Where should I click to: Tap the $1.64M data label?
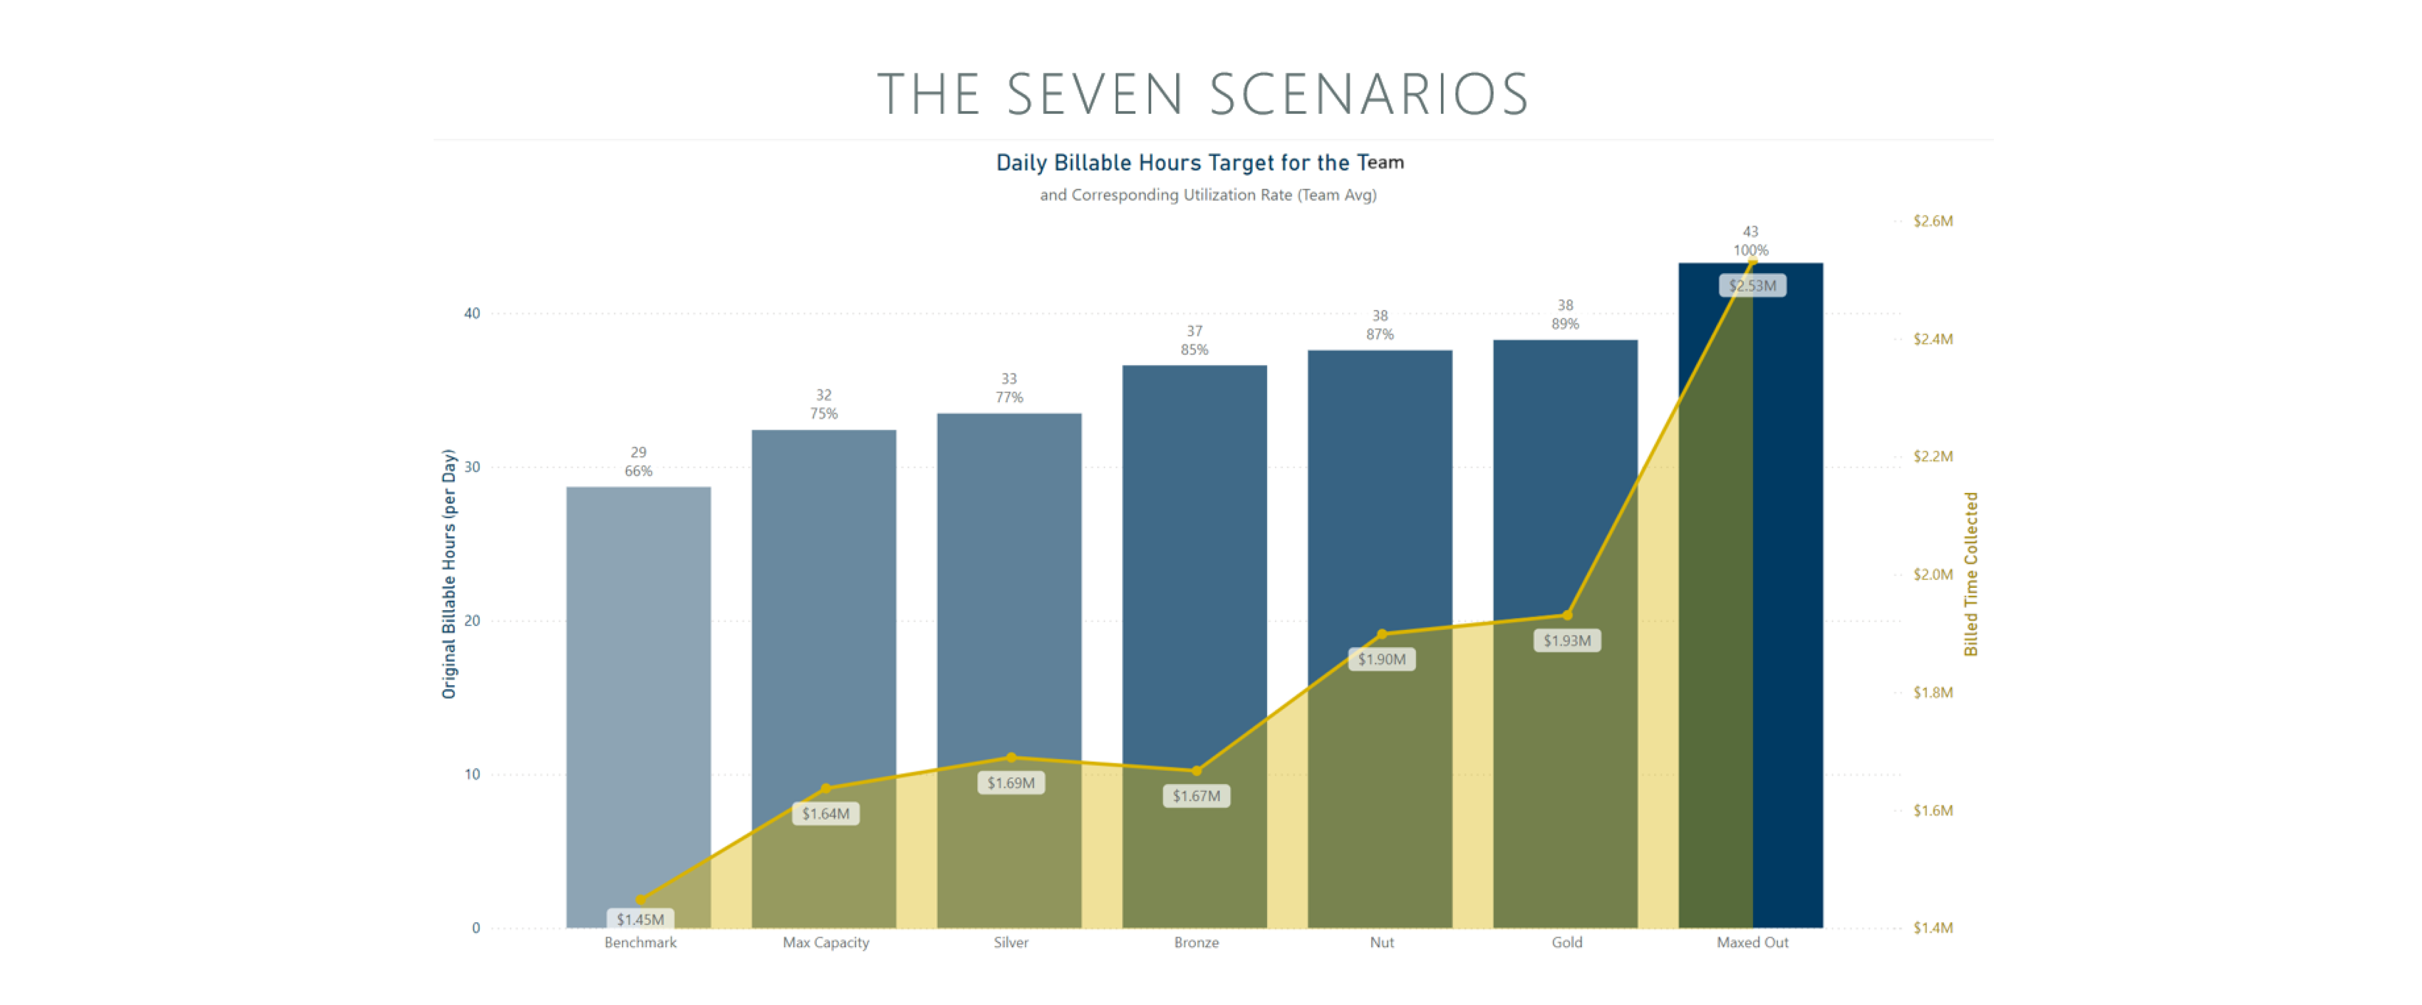pos(826,813)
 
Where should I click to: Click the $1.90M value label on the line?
pos(1381,659)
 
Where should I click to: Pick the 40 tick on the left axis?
pos(472,313)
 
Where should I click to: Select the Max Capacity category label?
pos(826,942)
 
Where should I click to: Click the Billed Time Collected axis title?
pos(1970,573)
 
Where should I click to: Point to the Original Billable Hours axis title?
pos(448,573)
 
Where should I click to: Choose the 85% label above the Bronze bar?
pos(1194,350)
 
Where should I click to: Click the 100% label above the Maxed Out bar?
pos(1750,250)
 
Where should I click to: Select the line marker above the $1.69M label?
pos(1011,757)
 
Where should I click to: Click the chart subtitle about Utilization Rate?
pos(1207,195)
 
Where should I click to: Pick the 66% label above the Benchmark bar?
pos(638,471)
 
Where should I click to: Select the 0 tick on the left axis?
pos(476,928)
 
